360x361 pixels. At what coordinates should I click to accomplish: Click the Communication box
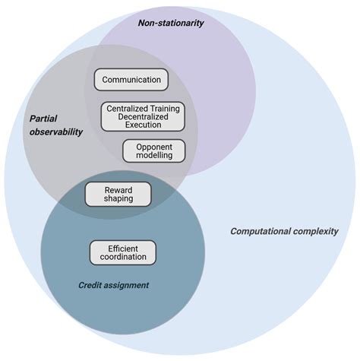click(131, 79)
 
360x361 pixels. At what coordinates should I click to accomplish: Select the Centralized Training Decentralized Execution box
click(143, 116)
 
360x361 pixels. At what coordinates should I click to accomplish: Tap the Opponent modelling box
click(153, 150)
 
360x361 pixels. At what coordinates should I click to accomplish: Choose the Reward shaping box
click(117, 194)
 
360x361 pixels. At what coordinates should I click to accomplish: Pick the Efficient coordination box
click(122, 252)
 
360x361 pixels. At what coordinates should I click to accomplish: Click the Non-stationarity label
click(171, 23)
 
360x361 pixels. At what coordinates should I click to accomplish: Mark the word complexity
click(317, 231)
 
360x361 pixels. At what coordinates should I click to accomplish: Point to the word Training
click(163, 108)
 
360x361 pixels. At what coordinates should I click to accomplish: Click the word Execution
click(143, 125)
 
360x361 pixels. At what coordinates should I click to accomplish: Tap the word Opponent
click(153, 145)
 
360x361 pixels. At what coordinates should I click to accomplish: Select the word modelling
click(153, 155)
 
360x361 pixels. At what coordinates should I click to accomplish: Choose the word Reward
click(117, 188)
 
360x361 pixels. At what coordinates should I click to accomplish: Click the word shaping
click(117, 199)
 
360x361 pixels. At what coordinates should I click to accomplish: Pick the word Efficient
click(122, 247)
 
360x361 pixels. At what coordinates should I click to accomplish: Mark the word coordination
click(122, 258)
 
